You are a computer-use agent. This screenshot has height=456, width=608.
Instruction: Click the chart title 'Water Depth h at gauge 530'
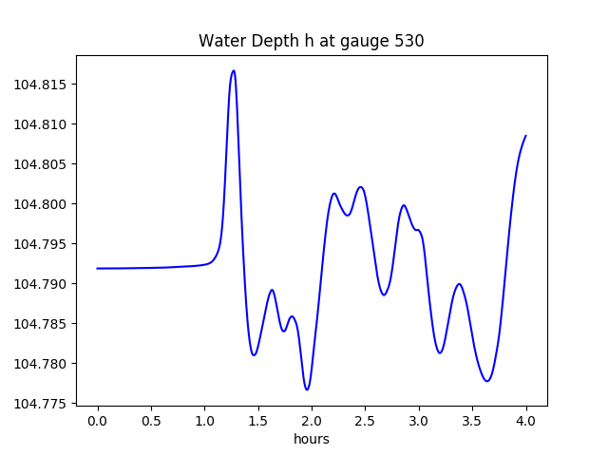tap(311, 42)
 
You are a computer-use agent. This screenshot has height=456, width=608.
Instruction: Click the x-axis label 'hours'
tap(312, 440)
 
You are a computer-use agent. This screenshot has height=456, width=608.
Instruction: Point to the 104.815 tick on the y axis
tap(41, 85)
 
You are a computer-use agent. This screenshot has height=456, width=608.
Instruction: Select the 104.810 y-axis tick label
tap(41, 124)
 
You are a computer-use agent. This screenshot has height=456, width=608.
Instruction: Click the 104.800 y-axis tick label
tap(41, 204)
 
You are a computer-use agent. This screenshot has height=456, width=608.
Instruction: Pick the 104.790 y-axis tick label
tap(41, 284)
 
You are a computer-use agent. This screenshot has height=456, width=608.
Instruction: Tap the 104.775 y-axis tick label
tap(41, 404)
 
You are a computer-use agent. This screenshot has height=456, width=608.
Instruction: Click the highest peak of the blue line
tap(233, 70)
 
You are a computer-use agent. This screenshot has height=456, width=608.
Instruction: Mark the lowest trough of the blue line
tap(307, 389)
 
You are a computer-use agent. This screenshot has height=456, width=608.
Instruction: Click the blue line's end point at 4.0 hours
tap(525, 136)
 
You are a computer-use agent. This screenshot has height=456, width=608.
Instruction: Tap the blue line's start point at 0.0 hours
tap(98, 268)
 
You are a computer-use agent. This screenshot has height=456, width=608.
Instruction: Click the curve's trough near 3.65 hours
tap(487, 381)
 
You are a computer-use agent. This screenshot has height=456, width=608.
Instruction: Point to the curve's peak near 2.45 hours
tap(361, 187)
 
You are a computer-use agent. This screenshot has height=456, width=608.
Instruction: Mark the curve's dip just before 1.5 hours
tap(254, 354)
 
